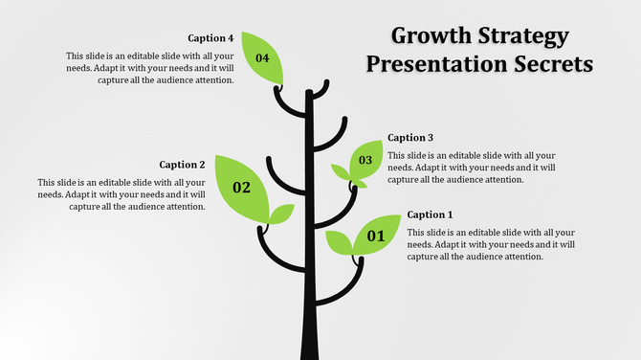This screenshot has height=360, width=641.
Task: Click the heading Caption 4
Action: coord(210,38)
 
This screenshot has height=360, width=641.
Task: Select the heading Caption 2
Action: coord(182,165)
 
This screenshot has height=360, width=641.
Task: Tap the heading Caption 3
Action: coord(410,137)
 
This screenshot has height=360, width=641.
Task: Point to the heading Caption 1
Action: coord(431,214)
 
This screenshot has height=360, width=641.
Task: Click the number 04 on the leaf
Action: coord(262,58)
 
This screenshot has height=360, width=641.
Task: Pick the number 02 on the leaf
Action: coord(241,188)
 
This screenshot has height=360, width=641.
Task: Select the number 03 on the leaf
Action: coord(365,160)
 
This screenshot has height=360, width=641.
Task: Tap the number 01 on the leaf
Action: coord(376,236)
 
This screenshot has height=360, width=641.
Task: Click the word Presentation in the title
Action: coord(437,65)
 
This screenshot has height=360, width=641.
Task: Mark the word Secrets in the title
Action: coord(554,65)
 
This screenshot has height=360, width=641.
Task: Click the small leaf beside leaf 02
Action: coord(281,213)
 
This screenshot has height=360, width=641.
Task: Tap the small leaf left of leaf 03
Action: coord(340,172)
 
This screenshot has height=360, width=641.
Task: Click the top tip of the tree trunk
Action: coord(309,94)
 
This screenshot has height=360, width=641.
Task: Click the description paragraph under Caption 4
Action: coord(149,68)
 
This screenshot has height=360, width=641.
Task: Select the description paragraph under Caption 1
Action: coord(491,244)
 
